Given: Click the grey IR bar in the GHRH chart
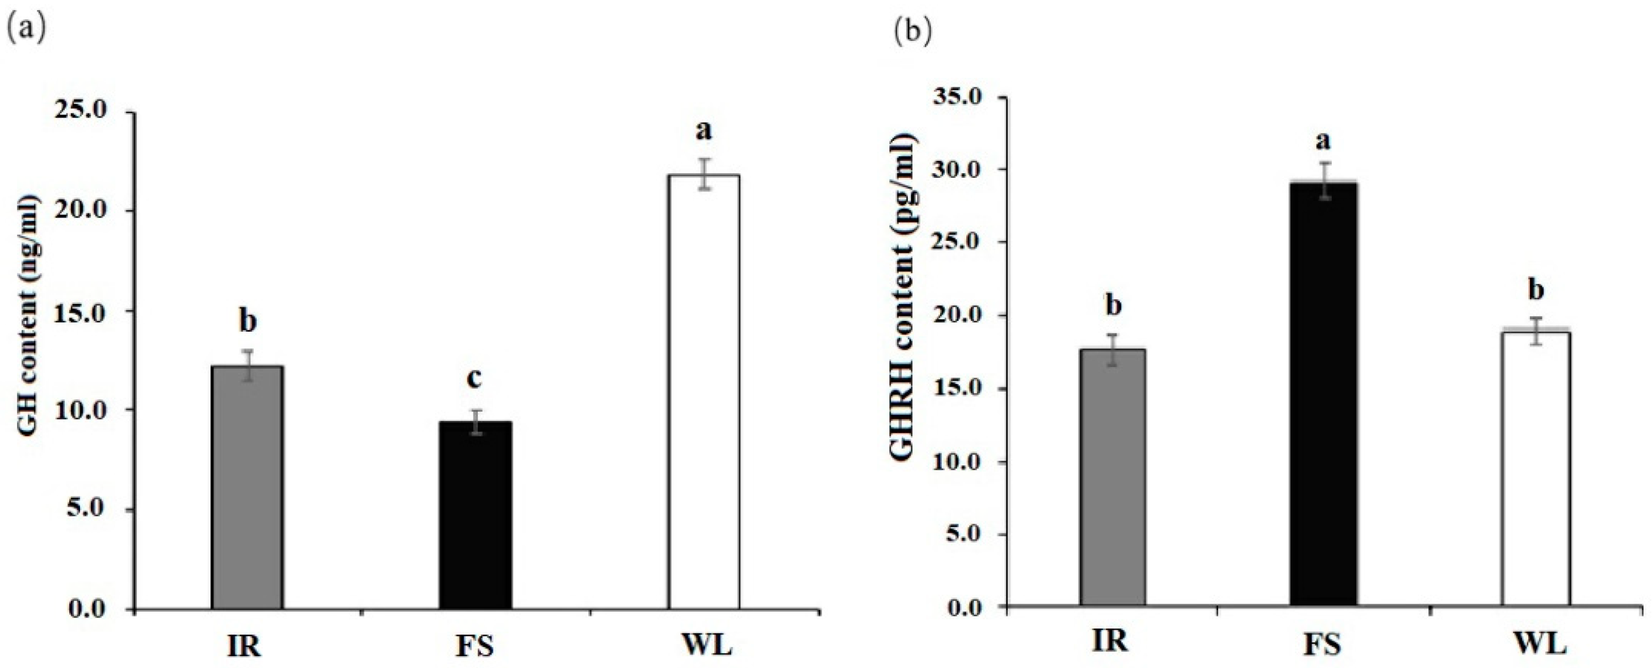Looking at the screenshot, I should pos(1113,478).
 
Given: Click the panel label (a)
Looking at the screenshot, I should pos(26,31).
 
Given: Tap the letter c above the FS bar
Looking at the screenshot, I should pos(475,379).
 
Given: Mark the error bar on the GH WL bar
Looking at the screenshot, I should pos(704,174).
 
